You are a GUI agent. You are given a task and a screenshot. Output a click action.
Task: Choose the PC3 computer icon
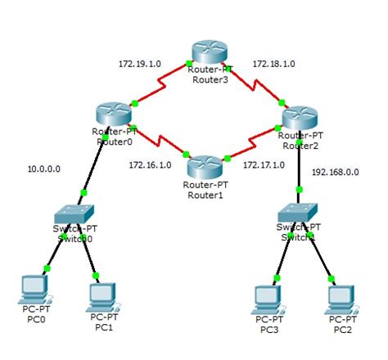click(267, 295)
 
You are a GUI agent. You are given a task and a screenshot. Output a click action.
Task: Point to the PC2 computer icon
click(341, 295)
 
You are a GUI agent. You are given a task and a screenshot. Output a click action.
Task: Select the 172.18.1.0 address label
click(273, 62)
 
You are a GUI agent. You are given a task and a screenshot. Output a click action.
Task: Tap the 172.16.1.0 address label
click(150, 164)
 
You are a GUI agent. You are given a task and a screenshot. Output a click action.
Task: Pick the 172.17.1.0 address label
click(264, 164)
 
